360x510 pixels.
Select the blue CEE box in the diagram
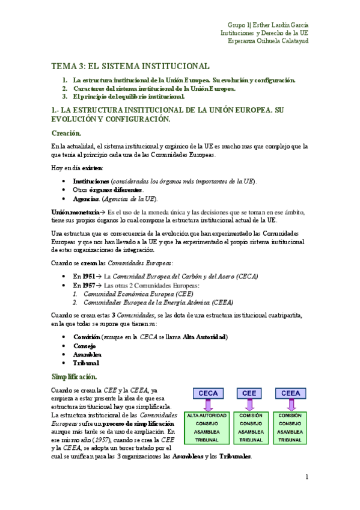(249, 393)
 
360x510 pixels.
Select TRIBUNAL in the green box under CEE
(249, 440)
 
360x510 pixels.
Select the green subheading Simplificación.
(74, 376)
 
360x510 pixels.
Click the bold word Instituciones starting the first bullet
(91, 181)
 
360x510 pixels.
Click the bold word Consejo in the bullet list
(85, 346)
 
